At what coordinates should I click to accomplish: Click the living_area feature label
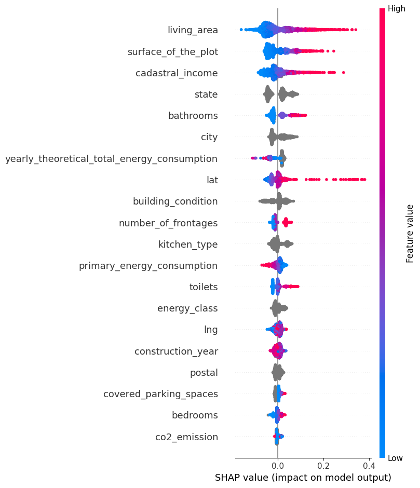pyautogui.click(x=193, y=30)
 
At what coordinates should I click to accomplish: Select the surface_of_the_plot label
pyautogui.click(x=172, y=51)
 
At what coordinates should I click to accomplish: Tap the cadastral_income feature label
pyautogui.click(x=177, y=73)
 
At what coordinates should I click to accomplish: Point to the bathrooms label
pyautogui.click(x=193, y=116)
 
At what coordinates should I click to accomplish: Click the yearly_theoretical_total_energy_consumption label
pyautogui.click(x=111, y=159)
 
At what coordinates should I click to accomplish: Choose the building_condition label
pyautogui.click(x=175, y=201)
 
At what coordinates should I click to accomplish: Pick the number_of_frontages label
pyautogui.click(x=168, y=223)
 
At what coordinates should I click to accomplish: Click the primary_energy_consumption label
pyautogui.click(x=148, y=266)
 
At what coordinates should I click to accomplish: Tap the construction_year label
pyautogui.click(x=176, y=351)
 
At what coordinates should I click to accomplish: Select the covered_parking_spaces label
pyautogui.click(x=160, y=394)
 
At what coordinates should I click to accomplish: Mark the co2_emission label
pyautogui.click(x=186, y=437)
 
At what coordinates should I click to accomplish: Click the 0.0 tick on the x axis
pyautogui.click(x=278, y=464)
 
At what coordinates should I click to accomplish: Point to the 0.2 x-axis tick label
pyautogui.click(x=323, y=464)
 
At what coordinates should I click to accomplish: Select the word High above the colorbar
pyautogui.click(x=397, y=9)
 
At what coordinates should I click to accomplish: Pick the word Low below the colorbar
pyautogui.click(x=396, y=457)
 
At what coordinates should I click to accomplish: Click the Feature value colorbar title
pyautogui.click(x=410, y=233)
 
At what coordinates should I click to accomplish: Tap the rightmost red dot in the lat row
pyautogui.click(x=365, y=180)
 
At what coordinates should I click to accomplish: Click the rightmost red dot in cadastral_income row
pyautogui.click(x=344, y=73)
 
